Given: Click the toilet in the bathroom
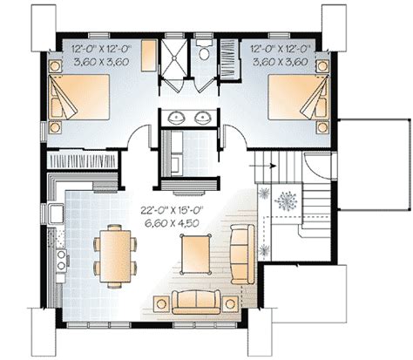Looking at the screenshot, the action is point(205,50).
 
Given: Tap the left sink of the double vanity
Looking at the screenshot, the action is point(177,118).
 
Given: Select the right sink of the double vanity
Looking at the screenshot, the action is point(202,118).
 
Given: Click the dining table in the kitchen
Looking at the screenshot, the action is point(115,255).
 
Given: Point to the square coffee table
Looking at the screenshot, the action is point(195,254).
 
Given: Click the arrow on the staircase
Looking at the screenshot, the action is point(262,166).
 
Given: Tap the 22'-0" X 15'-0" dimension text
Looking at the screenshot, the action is point(172,210).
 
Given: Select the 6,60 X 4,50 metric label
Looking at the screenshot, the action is point(172,223).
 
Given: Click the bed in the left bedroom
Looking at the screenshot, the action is point(78,97).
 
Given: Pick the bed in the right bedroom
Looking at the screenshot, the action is point(299,97).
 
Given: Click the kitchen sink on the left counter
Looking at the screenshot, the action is point(57,214).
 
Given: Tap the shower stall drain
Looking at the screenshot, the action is point(174,58).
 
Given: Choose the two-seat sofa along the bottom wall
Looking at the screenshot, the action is point(196,302).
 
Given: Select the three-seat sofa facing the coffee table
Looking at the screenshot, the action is point(243,254).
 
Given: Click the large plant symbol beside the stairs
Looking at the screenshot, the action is point(286,201).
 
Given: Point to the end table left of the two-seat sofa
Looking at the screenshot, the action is point(161,304).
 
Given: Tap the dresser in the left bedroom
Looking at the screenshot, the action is point(149,56).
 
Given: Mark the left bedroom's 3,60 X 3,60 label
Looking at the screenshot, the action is point(101,62).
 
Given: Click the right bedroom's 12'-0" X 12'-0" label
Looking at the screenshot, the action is point(281,48).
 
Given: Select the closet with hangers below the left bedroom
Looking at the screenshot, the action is point(82,160).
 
